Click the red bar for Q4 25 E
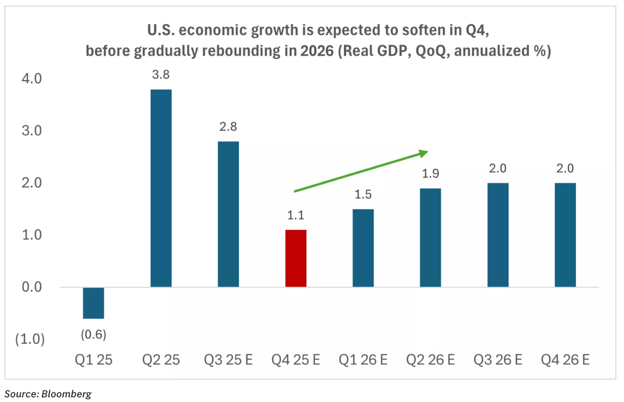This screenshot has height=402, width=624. (296, 258)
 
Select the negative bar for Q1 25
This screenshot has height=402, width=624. (94, 303)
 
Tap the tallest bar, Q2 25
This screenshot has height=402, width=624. (161, 188)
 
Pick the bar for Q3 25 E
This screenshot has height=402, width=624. (228, 214)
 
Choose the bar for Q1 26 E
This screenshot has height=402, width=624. (363, 248)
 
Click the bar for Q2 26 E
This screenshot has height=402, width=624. (430, 237)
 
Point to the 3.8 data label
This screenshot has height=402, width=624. (161, 75)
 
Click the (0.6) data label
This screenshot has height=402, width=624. (94, 334)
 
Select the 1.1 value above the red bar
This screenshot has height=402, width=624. (296, 215)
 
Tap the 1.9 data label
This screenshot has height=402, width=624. (430, 173)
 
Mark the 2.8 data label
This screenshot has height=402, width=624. (228, 126)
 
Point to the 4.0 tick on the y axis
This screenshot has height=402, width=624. (32, 78)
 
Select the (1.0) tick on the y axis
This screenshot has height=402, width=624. (30, 339)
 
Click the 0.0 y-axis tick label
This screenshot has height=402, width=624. (32, 287)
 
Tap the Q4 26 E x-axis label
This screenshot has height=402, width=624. (565, 359)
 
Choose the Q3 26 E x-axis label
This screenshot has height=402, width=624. (498, 359)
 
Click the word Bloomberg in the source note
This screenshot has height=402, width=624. (66, 394)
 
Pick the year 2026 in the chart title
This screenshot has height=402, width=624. (317, 51)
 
